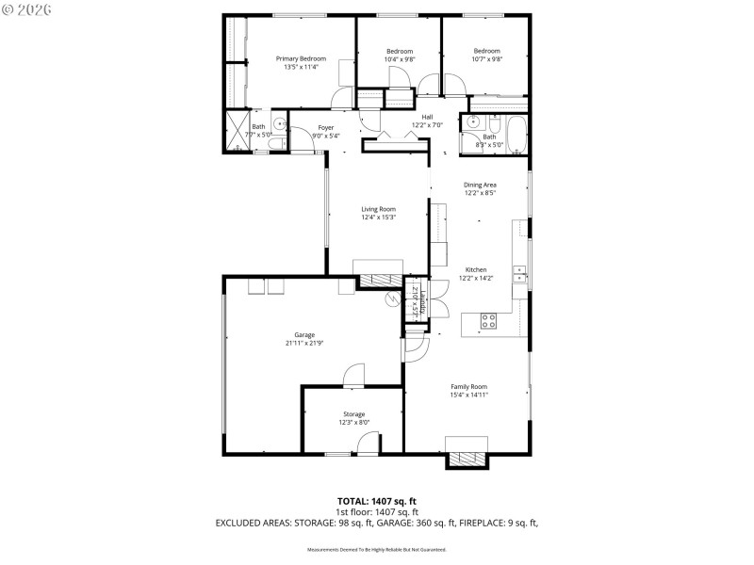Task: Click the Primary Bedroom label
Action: tap(301, 58)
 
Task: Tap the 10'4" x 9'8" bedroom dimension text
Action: tap(400, 59)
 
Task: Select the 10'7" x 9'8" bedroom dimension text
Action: tap(486, 59)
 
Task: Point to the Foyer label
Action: tap(325, 127)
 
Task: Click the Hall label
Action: tap(427, 117)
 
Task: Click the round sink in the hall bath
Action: tap(473, 121)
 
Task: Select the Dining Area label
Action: tap(480, 185)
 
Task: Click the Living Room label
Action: tap(378, 209)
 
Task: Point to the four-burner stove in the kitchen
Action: tap(489, 321)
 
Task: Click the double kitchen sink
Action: tap(519, 273)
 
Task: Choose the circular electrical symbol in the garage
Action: tap(393, 300)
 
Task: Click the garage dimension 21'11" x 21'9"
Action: tap(303, 343)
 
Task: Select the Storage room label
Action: tap(353, 413)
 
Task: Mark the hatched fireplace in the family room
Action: tap(467, 460)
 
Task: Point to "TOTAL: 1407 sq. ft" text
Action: tap(377, 500)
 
